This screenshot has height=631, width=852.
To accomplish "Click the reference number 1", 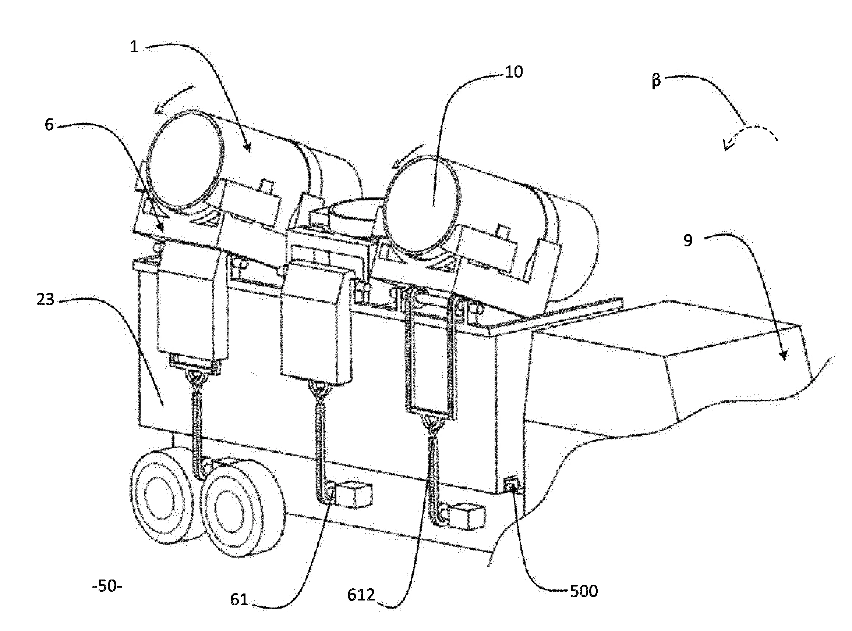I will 134,47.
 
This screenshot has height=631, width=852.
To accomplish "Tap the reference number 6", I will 49,125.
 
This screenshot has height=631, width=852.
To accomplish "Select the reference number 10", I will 514,72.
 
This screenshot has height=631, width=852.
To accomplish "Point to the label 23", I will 46,300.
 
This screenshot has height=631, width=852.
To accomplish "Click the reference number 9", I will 687,240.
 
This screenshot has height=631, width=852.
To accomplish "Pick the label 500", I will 584,591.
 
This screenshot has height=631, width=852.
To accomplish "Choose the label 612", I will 361,595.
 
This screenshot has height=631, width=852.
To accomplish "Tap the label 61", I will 239,600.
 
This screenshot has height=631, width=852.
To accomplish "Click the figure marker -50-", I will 107,586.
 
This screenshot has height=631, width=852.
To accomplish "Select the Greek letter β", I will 656,81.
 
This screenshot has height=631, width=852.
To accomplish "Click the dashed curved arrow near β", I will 749,136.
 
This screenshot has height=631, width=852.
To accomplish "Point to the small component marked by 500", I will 512,484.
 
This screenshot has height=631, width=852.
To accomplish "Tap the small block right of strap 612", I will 466,516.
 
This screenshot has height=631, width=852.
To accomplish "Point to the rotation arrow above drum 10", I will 407,156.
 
